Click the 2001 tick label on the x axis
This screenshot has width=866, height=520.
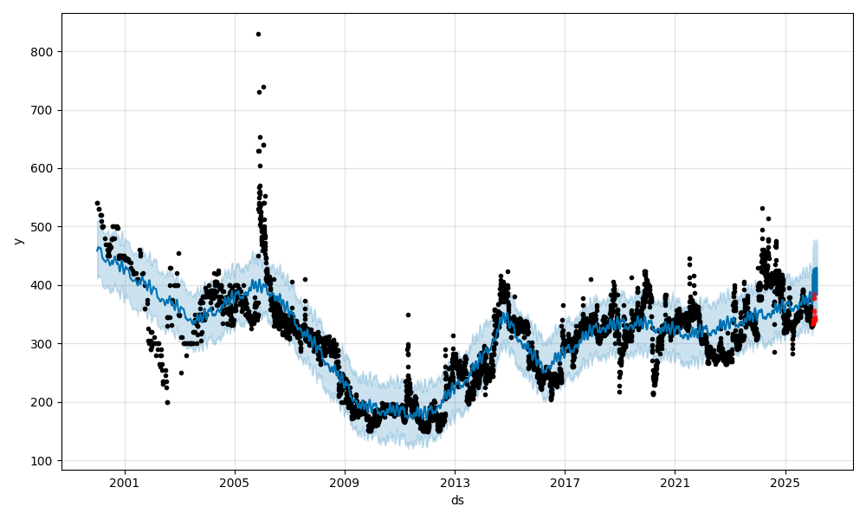[x=125, y=483]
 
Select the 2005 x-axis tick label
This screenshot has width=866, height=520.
[x=235, y=483]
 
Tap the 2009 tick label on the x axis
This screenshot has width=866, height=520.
[x=345, y=483]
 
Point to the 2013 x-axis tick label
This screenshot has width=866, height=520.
[x=455, y=483]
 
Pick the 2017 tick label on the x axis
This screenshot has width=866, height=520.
[x=565, y=483]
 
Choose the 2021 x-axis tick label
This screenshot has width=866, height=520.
[x=675, y=483]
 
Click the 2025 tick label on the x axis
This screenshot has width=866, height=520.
[x=785, y=483]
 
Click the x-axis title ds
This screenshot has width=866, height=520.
[x=457, y=500]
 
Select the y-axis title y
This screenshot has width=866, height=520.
[x=16, y=241]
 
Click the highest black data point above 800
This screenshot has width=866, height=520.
[x=258, y=34]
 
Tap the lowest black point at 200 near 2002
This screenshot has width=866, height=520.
[x=167, y=402]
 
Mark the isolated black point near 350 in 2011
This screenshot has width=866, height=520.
[x=408, y=315]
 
